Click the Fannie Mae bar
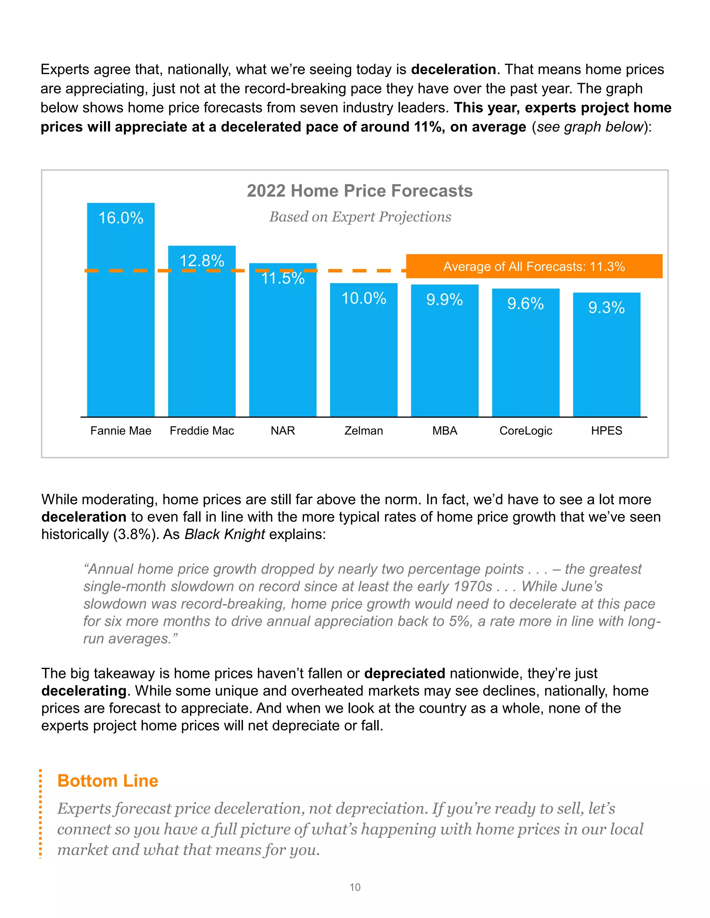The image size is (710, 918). coord(121,319)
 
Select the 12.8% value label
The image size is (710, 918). coord(202,261)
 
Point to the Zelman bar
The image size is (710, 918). coord(363,357)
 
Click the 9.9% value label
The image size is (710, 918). coord(444,300)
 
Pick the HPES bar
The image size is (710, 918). coord(607,361)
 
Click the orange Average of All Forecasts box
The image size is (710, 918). coord(534,266)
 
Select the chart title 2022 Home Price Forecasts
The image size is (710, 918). coord(360,191)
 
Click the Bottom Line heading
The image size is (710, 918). coord(108,780)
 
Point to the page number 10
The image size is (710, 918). coord(355,887)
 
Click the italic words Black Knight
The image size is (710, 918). coord(225,534)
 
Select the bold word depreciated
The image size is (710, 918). coord(404,673)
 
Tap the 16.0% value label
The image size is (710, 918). coord(121,218)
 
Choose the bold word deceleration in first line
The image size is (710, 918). coord(453,69)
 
